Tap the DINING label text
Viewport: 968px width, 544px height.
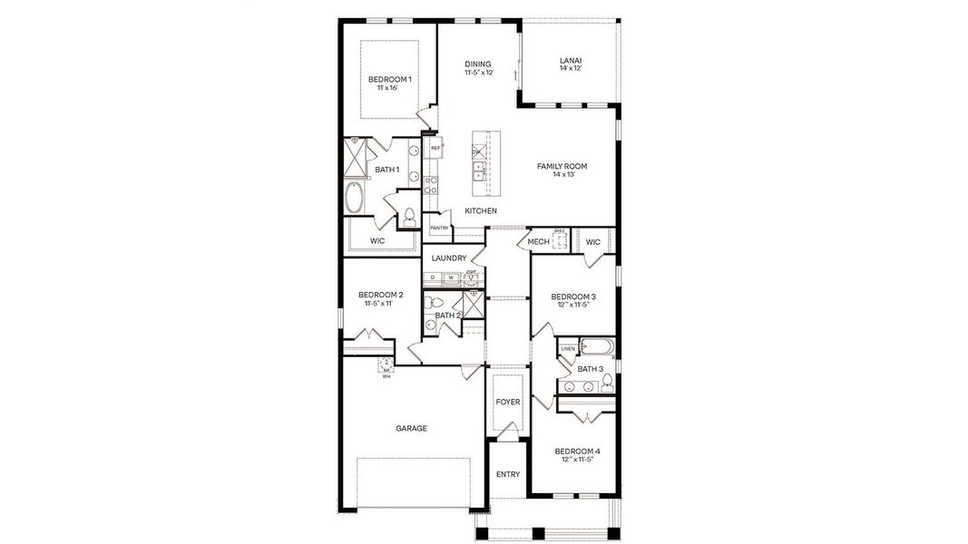pyautogui.click(x=478, y=63)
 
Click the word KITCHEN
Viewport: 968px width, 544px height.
pyautogui.click(x=481, y=211)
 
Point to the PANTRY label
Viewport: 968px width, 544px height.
pyautogui.click(x=439, y=228)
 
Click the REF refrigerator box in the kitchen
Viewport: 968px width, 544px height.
pyautogui.click(x=435, y=148)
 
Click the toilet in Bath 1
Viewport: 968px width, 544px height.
pyautogui.click(x=409, y=216)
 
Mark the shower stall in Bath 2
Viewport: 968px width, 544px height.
pyautogui.click(x=473, y=301)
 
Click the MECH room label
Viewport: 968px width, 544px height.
pyautogui.click(x=539, y=242)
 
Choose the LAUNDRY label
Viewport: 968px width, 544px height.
pyautogui.click(x=449, y=258)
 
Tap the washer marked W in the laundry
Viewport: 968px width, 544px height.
pyautogui.click(x=450, y=277)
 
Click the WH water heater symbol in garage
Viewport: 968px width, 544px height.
pyautogui.click(x=386, y=366)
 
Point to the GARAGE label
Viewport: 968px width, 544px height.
pyautogui.click(x=411, y=428)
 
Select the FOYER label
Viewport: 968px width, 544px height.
pyautogui.click(x=508, y=402)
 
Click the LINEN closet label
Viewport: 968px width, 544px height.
pyautogui.click(x=567, y=348)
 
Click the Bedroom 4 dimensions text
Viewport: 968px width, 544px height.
pyautogui.click(x=577, y=460)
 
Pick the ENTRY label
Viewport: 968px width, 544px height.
pyautogui.click(x=508, y=474)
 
